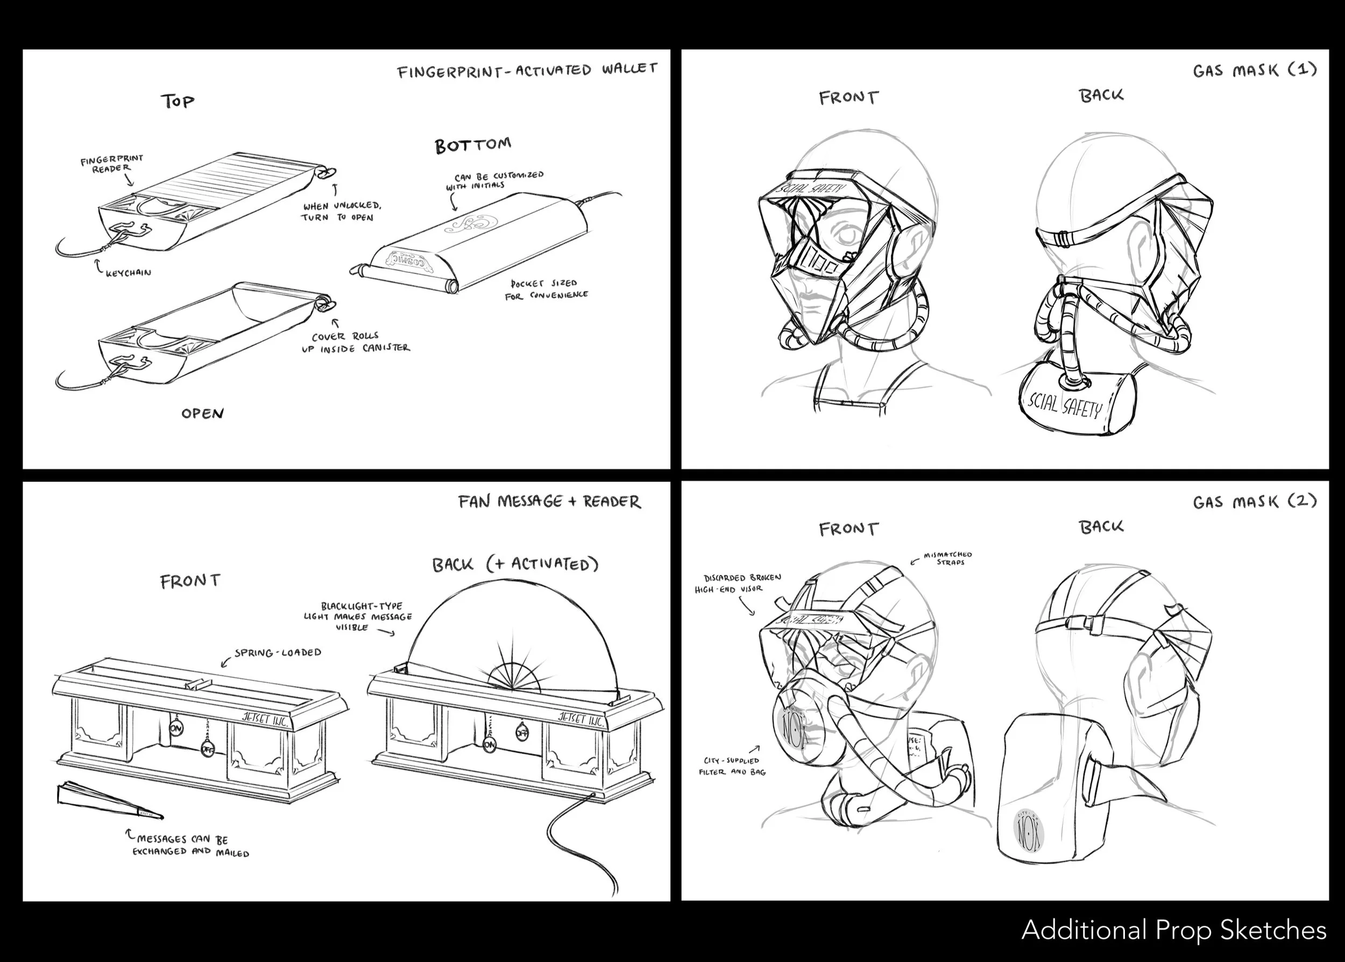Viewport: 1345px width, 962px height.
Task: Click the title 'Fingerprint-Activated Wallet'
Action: [x=527, y=71]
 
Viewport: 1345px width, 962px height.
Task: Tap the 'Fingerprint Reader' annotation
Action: [x=112, y=164]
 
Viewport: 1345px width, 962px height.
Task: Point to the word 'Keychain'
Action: [x=129, y=273]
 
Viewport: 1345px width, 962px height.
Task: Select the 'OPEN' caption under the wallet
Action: [x=202, y=413]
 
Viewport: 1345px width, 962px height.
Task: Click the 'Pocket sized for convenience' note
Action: [x=546, y=289]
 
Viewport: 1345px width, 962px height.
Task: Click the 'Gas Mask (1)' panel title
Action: [x=1255, y=71]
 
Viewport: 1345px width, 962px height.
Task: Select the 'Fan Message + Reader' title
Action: [x=549, y=502]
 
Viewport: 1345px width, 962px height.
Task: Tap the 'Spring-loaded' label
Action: [x=278, y=653]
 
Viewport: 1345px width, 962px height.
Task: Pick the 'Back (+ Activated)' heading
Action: [x=515, y=564]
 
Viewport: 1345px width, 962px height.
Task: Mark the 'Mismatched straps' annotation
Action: [x=948, y=559]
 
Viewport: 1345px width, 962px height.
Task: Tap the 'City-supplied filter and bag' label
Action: [x=732, y=766]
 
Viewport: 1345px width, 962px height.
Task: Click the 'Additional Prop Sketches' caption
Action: [x=1173, y=930]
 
